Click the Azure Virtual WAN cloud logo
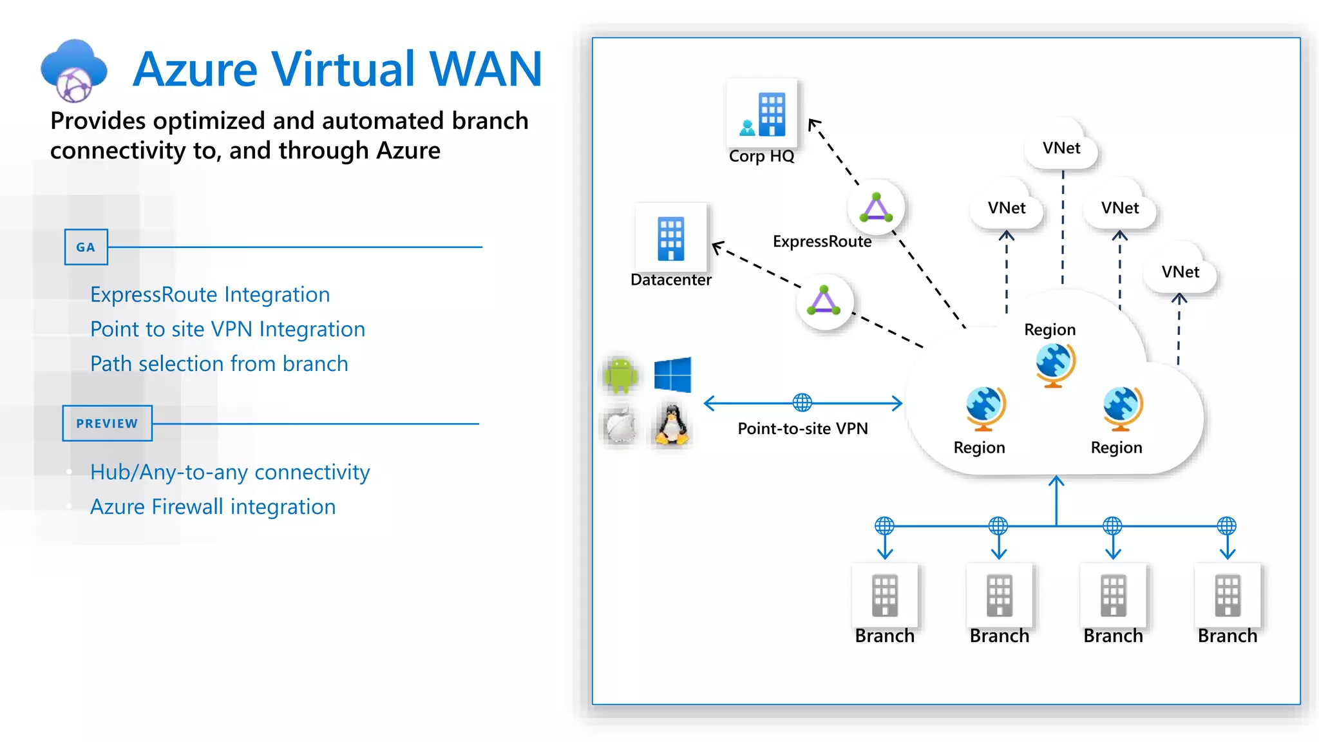[x=73, y=70]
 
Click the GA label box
[x=86, y=247]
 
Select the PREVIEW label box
[x=107, y=423]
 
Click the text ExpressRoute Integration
[x=210, y=294]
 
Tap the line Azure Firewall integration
[x=213, y=507]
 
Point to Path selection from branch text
[x=219, y=364]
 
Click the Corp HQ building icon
[x=762, y=115]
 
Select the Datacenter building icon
[x=670, y=238]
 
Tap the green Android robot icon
[x=621, y=374]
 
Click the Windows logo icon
[x=672, y=374]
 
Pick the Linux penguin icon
[x=671, y=425]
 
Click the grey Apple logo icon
[x=621, y=426]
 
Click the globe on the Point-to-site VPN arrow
[x=802, y=403]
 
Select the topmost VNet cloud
[x=1061, y=147]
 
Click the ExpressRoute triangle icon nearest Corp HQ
[x=876, y=207]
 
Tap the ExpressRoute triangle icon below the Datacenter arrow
[x=824, y=301]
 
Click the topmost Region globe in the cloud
[x=1055, y=365]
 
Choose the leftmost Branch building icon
[x=884, y=596]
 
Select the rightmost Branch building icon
[x=1227, y=596]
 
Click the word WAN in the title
[x=486, y=69]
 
